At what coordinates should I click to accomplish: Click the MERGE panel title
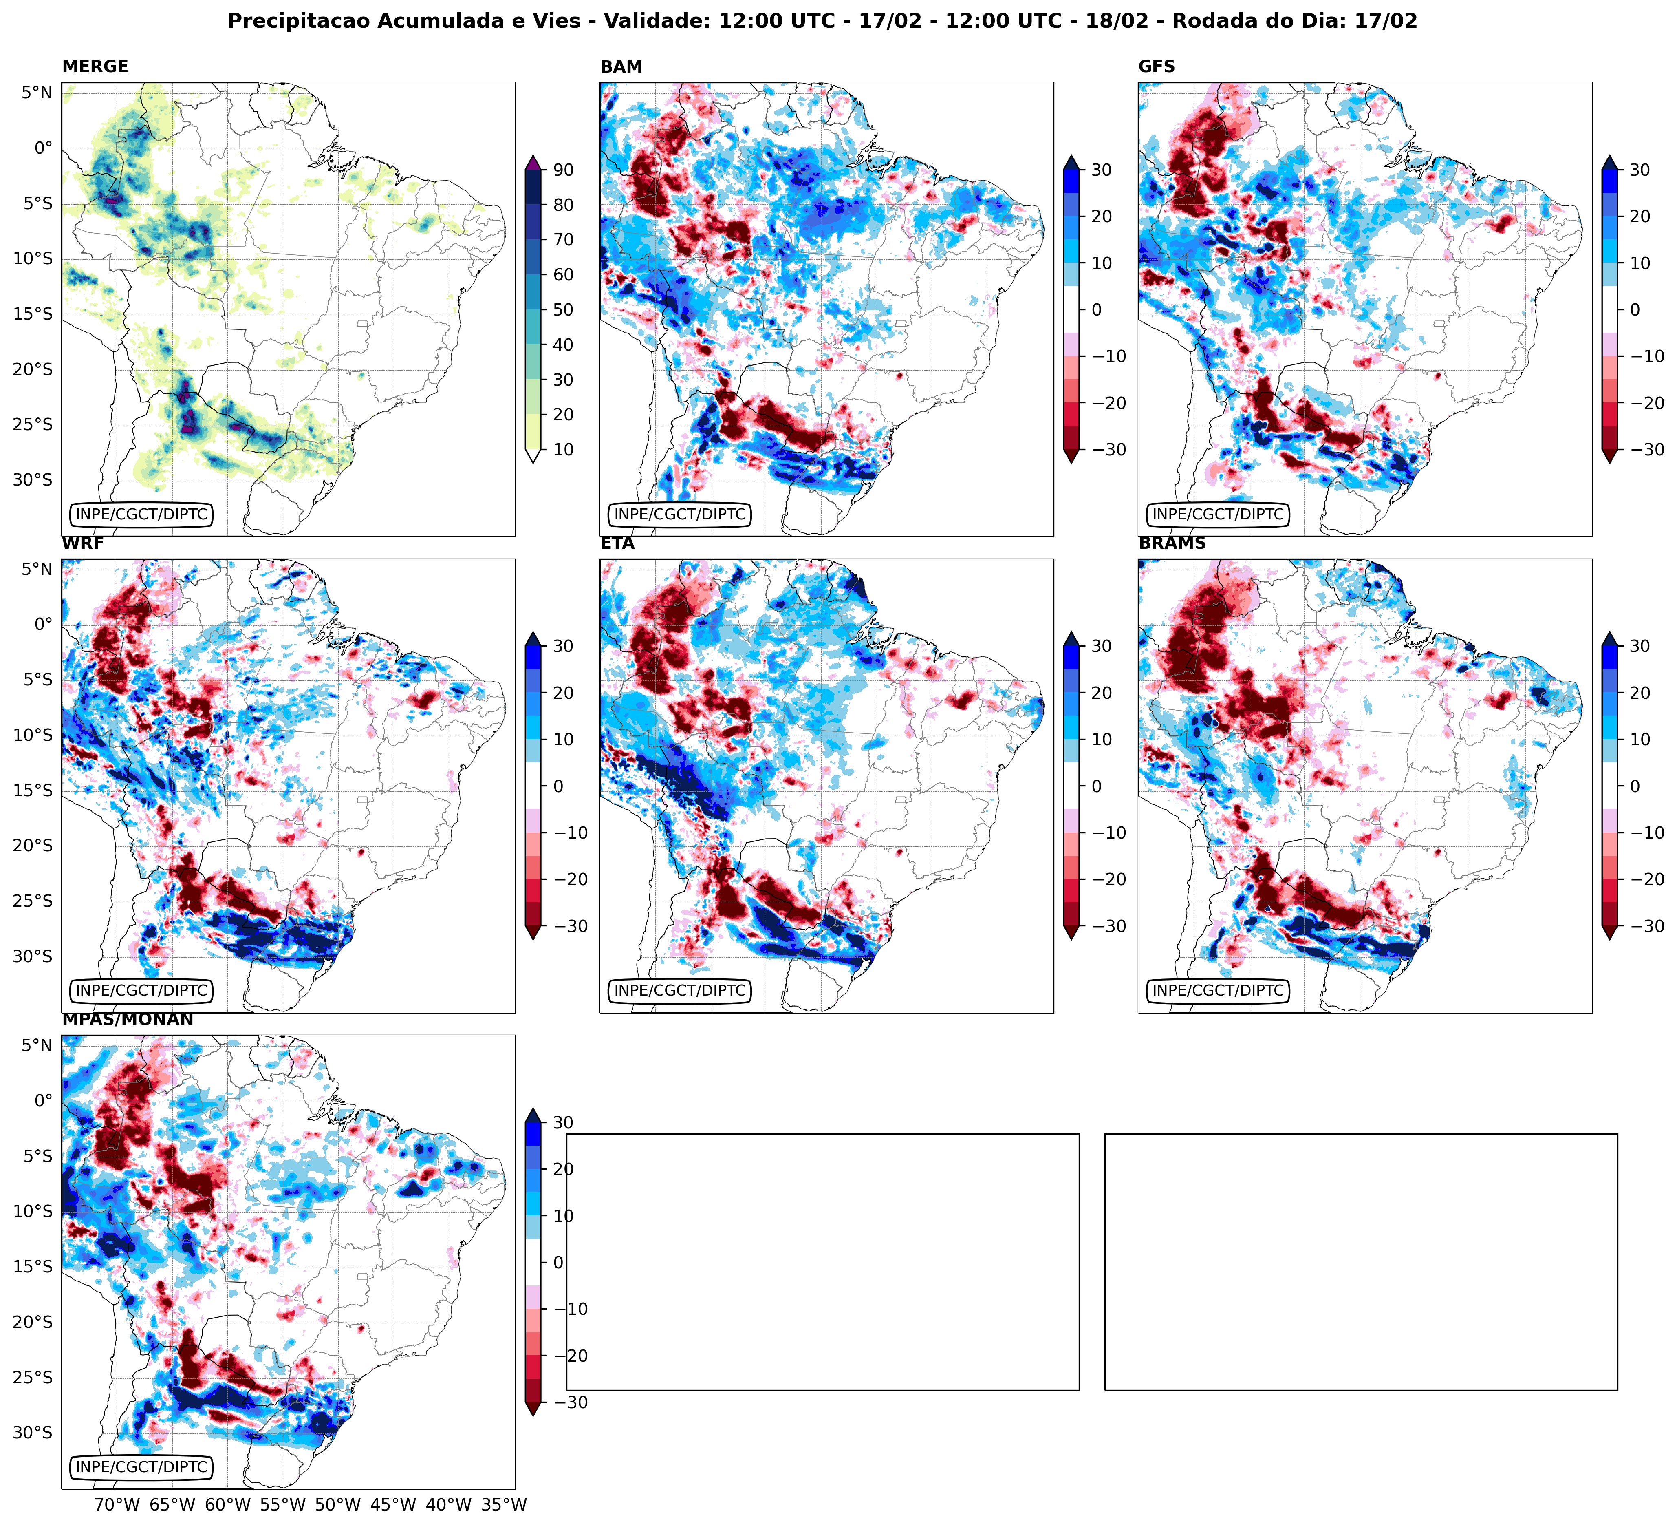coord(95,66)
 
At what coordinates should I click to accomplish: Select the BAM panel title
coord(621,66)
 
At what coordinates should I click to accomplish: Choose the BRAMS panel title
coord(1172,543)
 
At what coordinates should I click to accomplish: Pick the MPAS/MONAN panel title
coord(127,1019)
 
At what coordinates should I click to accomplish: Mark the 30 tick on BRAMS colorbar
coord(1639,647)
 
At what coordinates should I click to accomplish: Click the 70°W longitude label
coord(117,1504)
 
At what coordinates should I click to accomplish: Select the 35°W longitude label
coord(504,1504)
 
